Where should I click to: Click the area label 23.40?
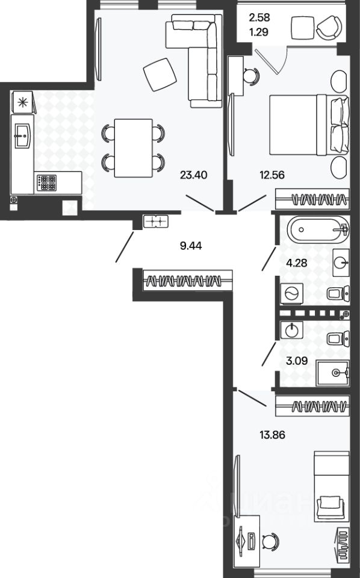[193, 175]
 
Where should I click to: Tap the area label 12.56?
[272, 175]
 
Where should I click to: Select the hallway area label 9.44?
[191, 246]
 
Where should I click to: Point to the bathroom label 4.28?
[297, 263]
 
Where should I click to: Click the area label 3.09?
[297, 361]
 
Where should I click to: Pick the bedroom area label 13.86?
[272, 435]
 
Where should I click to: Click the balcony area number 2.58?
[259, 17]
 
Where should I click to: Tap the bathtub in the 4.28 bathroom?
[318, 229]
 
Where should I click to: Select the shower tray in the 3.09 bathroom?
[332, 373]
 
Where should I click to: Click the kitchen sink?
[22, 136]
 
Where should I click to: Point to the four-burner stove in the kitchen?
[46, 182]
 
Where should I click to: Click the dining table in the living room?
[134, 148]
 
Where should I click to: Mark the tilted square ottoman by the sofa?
[160, 75]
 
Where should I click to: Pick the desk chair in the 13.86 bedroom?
[270, 541]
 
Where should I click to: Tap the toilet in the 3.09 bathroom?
[338, 338]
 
